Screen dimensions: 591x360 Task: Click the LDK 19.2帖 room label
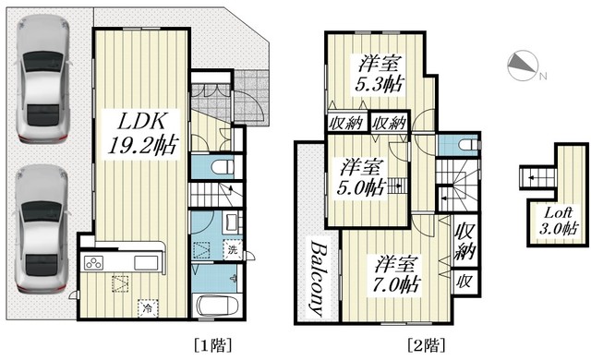click(141, 133)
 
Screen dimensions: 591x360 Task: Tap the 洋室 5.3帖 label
click(380, 74)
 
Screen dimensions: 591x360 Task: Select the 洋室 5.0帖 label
click(362, 176)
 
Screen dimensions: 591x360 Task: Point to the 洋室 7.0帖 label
click(395, 274)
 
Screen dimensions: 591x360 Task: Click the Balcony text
click(320, 278)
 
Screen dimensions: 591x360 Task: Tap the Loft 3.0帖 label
click(558, 221)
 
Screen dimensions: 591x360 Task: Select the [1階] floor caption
click(213, 344)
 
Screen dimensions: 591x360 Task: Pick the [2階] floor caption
click(427, 344)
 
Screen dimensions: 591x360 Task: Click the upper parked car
click(42, 78)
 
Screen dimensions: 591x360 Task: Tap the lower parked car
click(42, 229)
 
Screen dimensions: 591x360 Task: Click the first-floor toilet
click(223, 166)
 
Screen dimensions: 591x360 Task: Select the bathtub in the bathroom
click(216, 306)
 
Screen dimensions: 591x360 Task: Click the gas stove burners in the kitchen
click(93, 262)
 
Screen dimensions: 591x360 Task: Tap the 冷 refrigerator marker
click(148, 308)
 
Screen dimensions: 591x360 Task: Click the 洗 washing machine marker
click(233, 249)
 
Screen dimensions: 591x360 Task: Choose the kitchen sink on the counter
click(146, 262)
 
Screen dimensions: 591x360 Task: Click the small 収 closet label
click(464, 282)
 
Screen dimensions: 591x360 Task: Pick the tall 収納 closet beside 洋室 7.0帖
click(464, 241)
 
